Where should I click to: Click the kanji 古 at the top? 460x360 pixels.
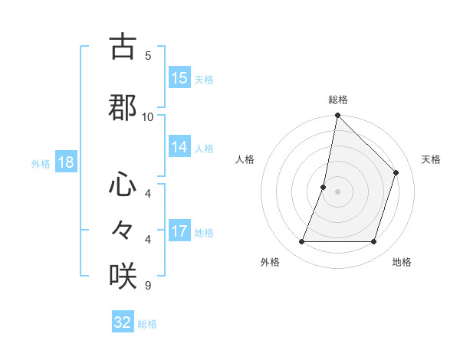[123, 47]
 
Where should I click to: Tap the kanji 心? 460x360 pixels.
[123, 185]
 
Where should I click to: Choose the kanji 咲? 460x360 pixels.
[123, 275]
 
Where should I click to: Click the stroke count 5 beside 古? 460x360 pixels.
[148, 55]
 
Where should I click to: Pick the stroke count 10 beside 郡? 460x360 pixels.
[148, 116]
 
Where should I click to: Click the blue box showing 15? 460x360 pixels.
[179, 78]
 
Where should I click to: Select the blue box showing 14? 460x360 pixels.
[179, 148]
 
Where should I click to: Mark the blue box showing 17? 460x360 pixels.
[179, 231]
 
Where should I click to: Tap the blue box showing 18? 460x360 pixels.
[65, 163]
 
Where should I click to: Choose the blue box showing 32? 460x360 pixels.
[123, 322]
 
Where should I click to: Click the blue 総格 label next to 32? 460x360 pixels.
[147, 324]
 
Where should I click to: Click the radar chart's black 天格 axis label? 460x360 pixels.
[431, 159]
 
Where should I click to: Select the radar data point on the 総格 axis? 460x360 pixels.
[337, 116]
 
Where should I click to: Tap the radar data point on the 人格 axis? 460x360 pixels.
[324, 187]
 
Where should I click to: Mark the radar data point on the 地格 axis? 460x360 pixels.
[373, 242]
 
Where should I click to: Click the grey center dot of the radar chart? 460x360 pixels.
[337, 191]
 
